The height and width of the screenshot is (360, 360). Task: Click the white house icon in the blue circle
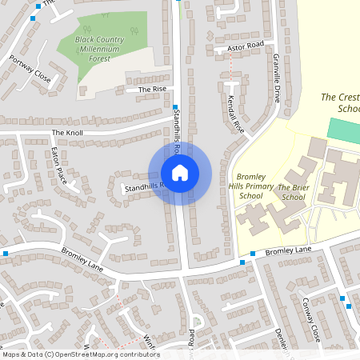(x=180, y=173)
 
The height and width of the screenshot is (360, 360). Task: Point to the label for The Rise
(x=152, y=89)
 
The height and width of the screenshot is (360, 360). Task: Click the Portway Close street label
(x=30, y=69)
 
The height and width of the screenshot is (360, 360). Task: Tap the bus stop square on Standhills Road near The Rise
(x=174, y=106)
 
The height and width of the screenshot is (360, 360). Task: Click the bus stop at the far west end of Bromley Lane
(x=5, y=254)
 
